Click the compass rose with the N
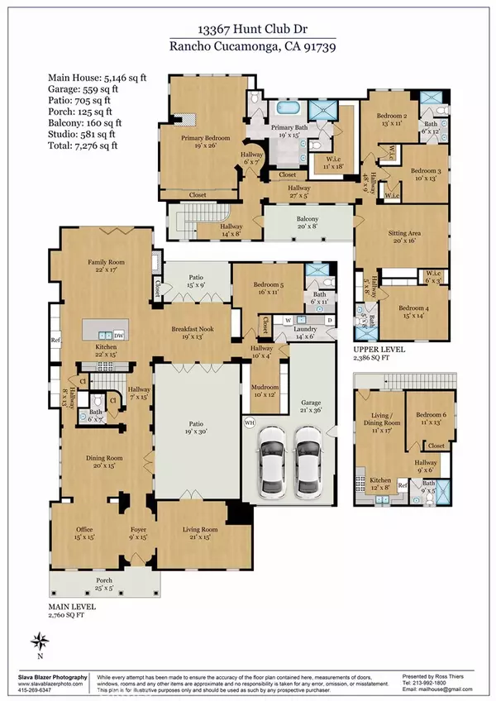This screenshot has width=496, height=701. [x=40, y=640]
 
